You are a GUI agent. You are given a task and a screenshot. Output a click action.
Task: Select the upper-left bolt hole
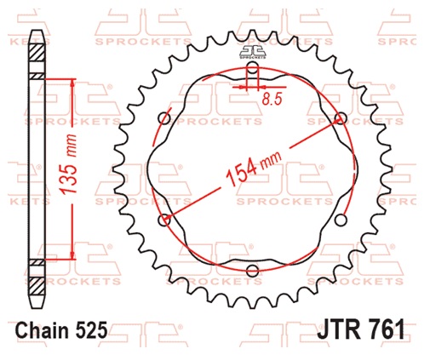pos(164,117)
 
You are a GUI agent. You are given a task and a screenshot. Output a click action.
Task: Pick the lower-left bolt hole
pos(164,220)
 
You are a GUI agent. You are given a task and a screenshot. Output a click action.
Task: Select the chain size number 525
pos(91,331)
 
